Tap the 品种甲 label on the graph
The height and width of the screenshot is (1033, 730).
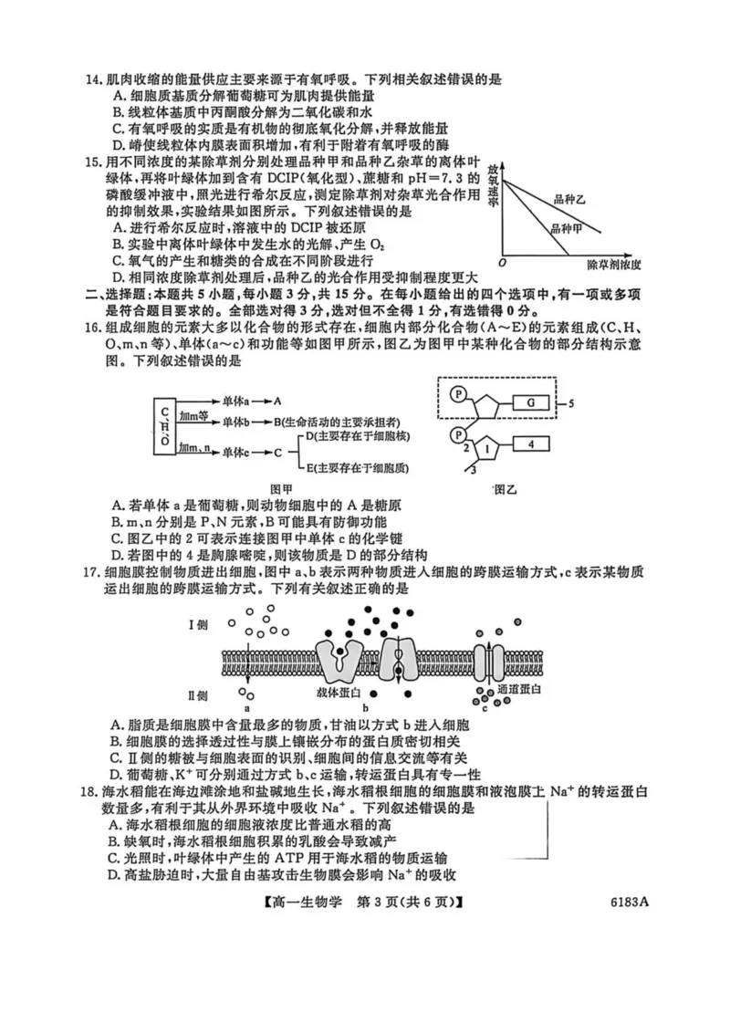(567, 230)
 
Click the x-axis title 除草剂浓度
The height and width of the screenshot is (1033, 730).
(616, 265)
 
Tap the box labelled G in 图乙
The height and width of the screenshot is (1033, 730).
(528, 402)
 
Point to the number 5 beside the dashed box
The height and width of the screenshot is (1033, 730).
(569, 402)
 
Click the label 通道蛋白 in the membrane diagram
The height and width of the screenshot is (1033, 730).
(518, 691)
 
